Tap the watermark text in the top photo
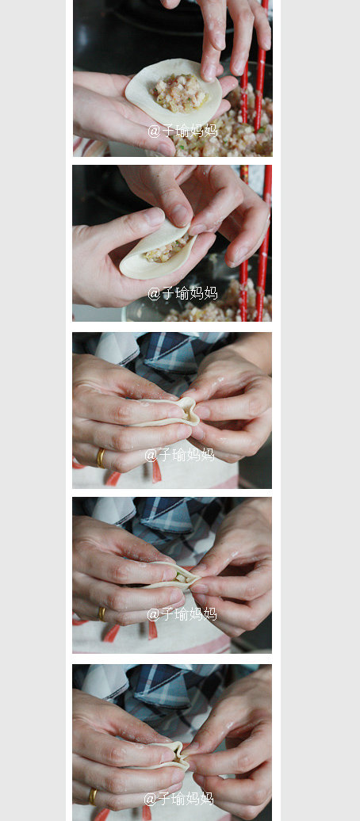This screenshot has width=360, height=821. point(182,130)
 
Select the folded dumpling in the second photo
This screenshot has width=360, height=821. point(159,252)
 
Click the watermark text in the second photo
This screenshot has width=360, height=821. point(182,293)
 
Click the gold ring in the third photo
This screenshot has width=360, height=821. point(101,457)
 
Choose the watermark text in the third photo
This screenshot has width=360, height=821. point(179,454)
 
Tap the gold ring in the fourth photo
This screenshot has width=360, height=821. point(101,613)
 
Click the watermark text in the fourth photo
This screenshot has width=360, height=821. point(181,613)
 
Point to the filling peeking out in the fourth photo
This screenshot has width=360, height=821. point(181,578)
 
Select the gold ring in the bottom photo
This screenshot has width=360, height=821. point(93,795)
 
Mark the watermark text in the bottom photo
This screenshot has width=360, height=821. point(179,798)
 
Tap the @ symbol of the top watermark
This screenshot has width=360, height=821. point(154,131)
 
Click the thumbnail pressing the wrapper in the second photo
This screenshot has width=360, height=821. point(181,214)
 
